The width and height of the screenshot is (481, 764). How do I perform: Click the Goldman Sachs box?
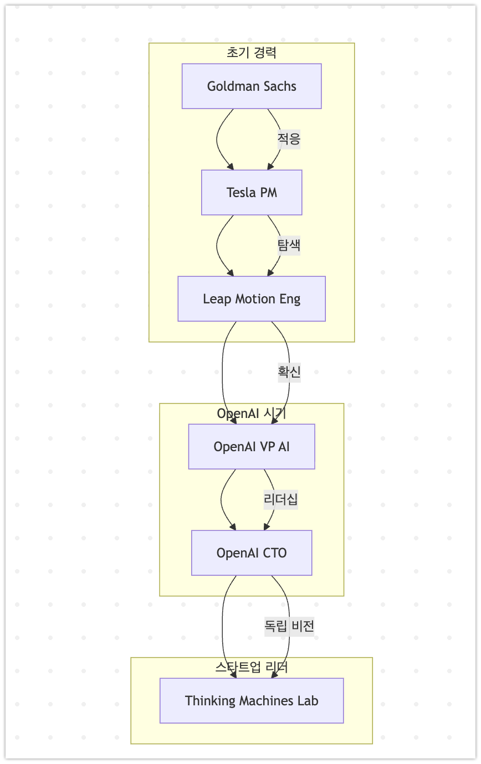(252, 86)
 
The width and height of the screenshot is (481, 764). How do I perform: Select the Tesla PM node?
(252, 193)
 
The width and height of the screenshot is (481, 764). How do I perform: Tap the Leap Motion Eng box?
(252, 299)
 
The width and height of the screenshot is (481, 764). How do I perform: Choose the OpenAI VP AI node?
(252, 447)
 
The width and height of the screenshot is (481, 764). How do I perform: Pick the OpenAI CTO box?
(252, 553)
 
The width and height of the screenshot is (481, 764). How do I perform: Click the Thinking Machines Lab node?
(252, 701)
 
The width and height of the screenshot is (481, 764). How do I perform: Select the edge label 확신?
(289, 373)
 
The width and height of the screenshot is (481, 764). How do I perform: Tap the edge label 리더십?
(281, 499)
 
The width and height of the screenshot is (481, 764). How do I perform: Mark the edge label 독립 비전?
(289, 626)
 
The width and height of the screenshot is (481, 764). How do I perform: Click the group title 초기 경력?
(252, 53)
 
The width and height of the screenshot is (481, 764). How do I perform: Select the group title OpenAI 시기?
(252, 414)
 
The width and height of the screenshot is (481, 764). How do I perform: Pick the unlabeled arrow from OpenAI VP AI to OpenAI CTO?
(222, 499)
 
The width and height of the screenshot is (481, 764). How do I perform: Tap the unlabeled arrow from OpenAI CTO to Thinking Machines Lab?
(223, 626)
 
